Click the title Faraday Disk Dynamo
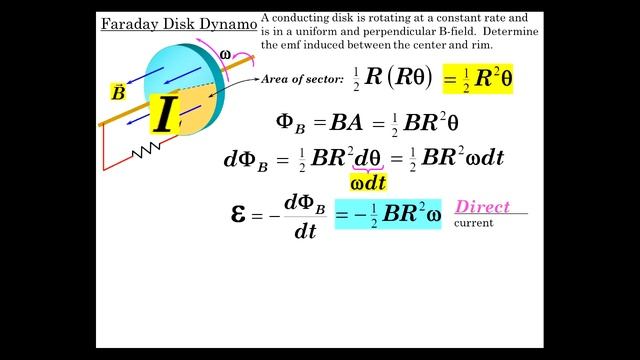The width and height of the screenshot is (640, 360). coord(178,22)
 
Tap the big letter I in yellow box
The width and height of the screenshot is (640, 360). coord(164,116)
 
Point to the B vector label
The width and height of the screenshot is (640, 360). coord(118,93)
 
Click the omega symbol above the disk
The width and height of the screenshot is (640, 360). coord(225,54)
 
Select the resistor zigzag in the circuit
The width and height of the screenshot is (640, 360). coord(148,149)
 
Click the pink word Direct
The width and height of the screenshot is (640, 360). coord(482,207)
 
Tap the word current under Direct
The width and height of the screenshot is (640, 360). coord(473,222)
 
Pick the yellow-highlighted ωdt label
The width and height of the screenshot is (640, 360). coord(369,182)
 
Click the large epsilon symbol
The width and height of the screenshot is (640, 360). coord(239,212)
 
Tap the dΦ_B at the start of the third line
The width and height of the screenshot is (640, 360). coord(246,160)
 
